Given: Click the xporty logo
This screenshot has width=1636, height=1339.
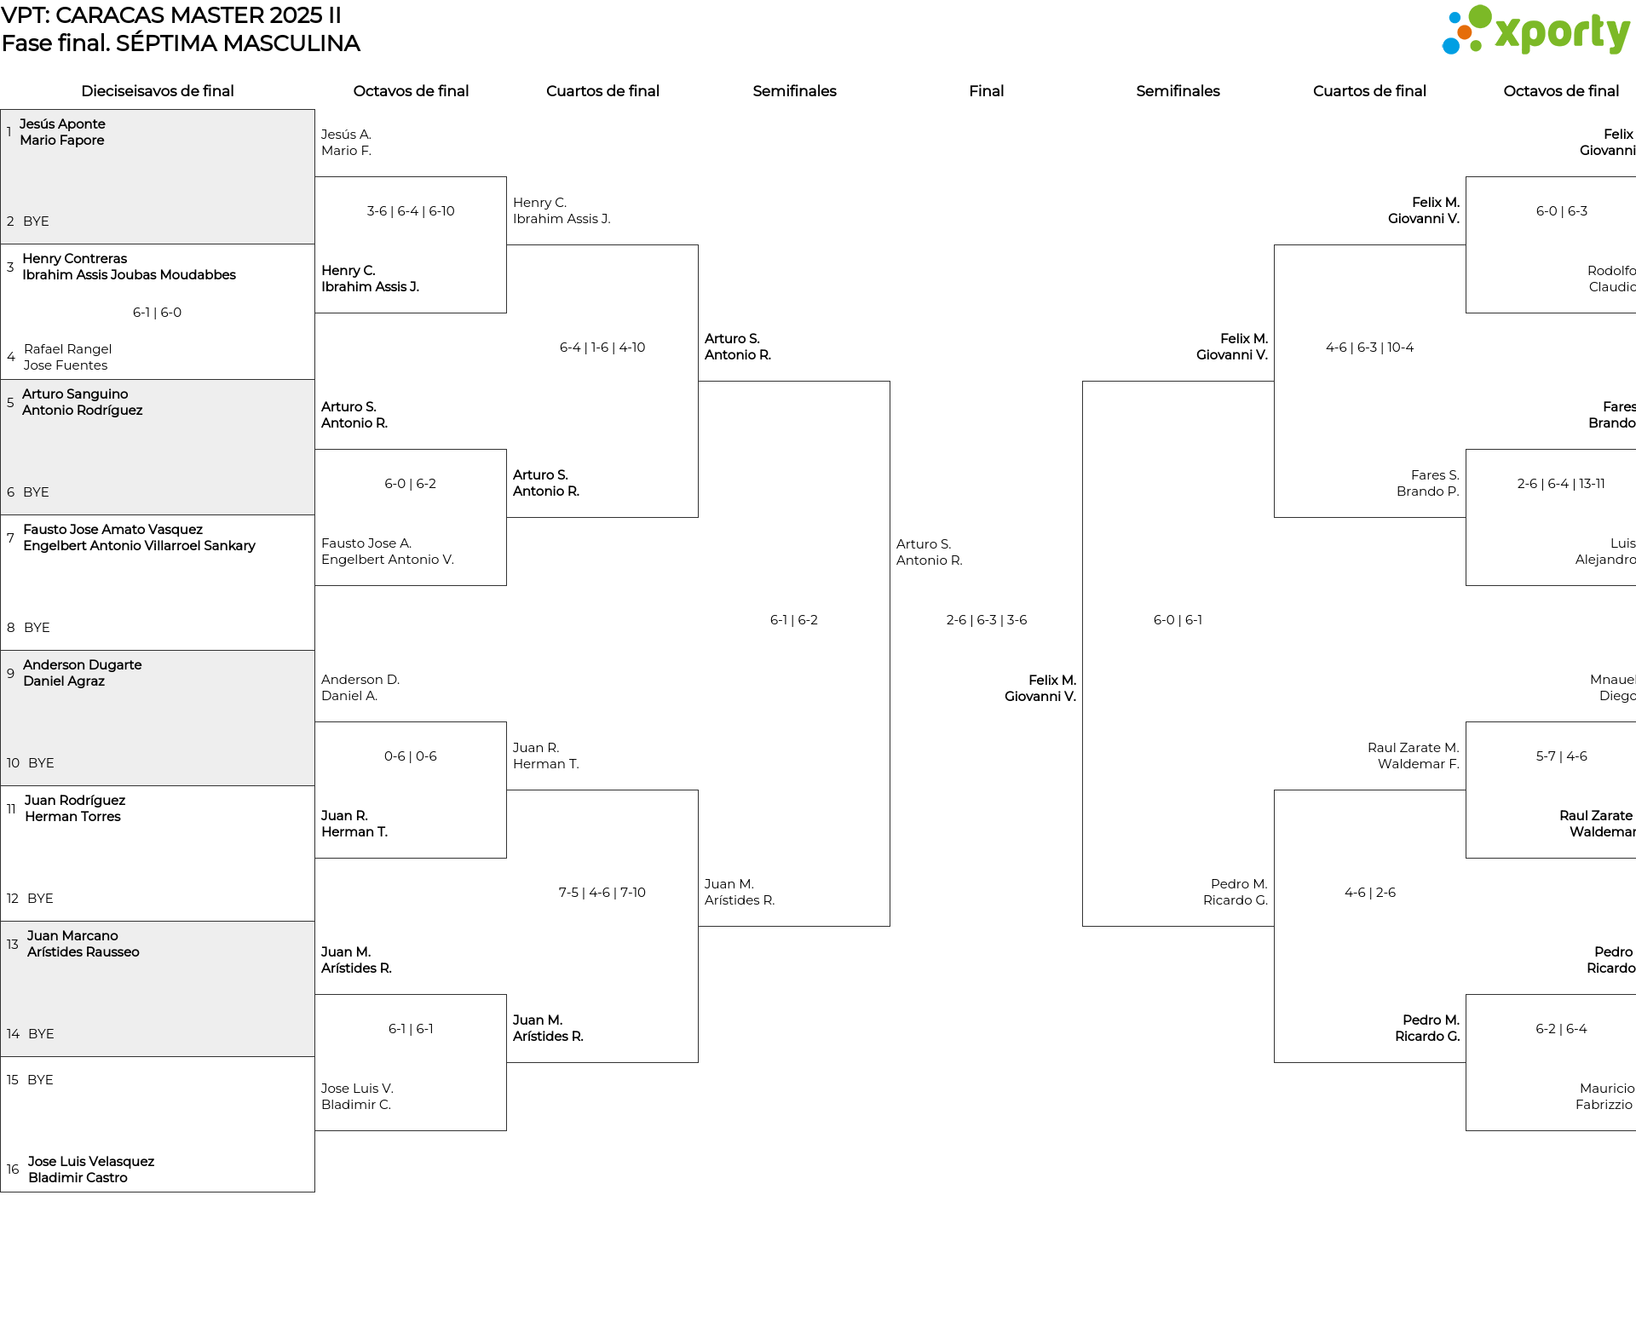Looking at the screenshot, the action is (1535, 31).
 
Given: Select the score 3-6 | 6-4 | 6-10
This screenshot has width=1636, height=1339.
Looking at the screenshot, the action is (411, 211).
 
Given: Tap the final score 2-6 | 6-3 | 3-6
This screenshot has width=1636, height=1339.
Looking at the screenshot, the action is (987, 620).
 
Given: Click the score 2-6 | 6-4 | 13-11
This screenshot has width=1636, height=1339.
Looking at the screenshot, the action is (1561, 484).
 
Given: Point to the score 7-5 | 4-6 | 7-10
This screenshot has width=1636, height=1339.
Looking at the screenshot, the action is (602, 893).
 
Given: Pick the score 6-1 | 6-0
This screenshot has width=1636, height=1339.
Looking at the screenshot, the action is (157, 313).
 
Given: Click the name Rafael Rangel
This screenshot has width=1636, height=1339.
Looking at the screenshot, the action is (67, 349).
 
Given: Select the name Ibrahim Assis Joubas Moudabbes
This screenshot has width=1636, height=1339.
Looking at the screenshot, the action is (129, 275).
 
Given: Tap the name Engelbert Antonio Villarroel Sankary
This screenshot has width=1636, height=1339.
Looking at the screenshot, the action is (139, 546).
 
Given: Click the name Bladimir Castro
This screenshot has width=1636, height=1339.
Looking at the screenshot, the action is (78, 1178).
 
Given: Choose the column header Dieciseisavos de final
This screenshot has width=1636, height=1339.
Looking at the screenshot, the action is (158, 91).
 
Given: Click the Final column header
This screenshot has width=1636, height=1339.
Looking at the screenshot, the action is (987, 91).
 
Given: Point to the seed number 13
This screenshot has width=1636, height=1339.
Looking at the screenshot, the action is (12, 945).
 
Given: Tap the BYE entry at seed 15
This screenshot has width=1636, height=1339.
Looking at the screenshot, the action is (40, 1080).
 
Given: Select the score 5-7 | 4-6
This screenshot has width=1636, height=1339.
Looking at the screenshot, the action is (1562, 756).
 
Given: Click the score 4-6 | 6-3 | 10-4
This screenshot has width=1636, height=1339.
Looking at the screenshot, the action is (1369, 348).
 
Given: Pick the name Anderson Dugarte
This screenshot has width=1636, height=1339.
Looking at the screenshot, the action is (83, 665).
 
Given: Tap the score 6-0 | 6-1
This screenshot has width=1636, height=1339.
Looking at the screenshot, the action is (1178, 620).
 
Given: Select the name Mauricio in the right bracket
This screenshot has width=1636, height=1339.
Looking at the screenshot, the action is (1607, 1089).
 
